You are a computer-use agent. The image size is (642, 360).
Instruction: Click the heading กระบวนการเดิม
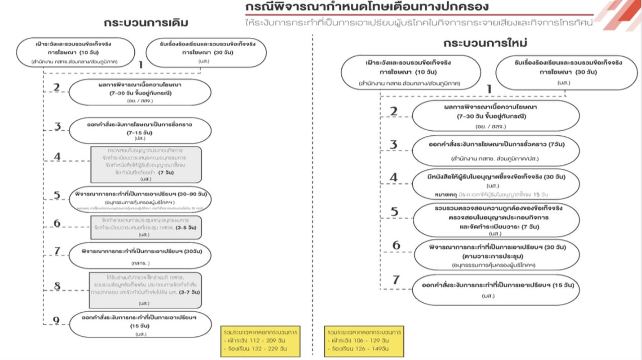coord(146,24)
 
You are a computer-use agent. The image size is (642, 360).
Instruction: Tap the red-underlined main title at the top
coord(366,8)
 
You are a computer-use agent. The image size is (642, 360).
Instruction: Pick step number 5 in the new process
coord(395,212)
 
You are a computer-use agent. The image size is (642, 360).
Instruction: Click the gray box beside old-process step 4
coord(146,164)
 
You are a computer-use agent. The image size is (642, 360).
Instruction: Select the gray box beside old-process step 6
coord(146,228)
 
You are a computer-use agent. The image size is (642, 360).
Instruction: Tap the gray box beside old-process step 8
coord(146,290)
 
